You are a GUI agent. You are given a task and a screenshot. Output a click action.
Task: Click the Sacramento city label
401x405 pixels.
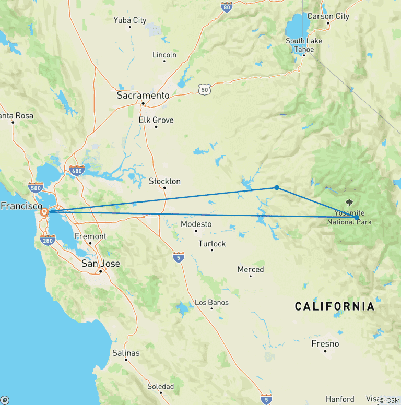(x=143, y=96)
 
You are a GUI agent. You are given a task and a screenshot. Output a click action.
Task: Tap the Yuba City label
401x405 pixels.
(x=130, y=20)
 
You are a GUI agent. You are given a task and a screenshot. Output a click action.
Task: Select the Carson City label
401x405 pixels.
(x=328, y=16)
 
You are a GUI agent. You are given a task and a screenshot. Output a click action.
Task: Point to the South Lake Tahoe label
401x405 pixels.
(x=303, y=45)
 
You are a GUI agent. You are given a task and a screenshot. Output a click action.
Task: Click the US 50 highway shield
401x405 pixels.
(x=204, y=90)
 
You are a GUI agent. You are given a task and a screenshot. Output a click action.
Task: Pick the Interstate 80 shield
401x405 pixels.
(x=226, y=6)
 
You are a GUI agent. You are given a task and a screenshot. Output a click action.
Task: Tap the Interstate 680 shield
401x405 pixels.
(x=77, y=170)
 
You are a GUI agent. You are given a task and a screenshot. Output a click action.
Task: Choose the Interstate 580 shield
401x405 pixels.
(x=36, y=188)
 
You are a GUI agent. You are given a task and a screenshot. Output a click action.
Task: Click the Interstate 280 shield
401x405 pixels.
(x=48, y=241)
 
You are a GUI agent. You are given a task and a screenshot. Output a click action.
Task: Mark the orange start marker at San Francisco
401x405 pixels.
(x=45, y=212)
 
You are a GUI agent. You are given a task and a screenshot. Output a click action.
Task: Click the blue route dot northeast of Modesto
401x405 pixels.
(x=277, y=188)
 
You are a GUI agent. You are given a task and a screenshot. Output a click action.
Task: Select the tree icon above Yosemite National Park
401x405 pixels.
(x=349, y=203)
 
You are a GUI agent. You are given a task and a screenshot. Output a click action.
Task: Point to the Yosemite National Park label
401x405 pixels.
(x=349, y=218)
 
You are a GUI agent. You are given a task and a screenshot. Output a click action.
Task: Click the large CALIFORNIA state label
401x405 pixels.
(x=334, y=306)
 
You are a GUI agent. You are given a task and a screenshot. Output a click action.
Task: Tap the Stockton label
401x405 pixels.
(x=164, y=181)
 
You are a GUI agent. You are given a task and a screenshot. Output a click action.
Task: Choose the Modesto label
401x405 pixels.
(x=196, y=224)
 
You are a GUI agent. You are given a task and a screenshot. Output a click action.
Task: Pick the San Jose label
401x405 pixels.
(x=101, y=264)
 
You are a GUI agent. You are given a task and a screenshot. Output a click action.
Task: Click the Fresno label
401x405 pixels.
(x=325, y=343)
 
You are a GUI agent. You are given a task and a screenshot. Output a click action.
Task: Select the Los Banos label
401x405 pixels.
(x=211, y=302)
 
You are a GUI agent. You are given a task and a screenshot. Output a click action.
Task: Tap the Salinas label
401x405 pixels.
(x=126, y=353)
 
